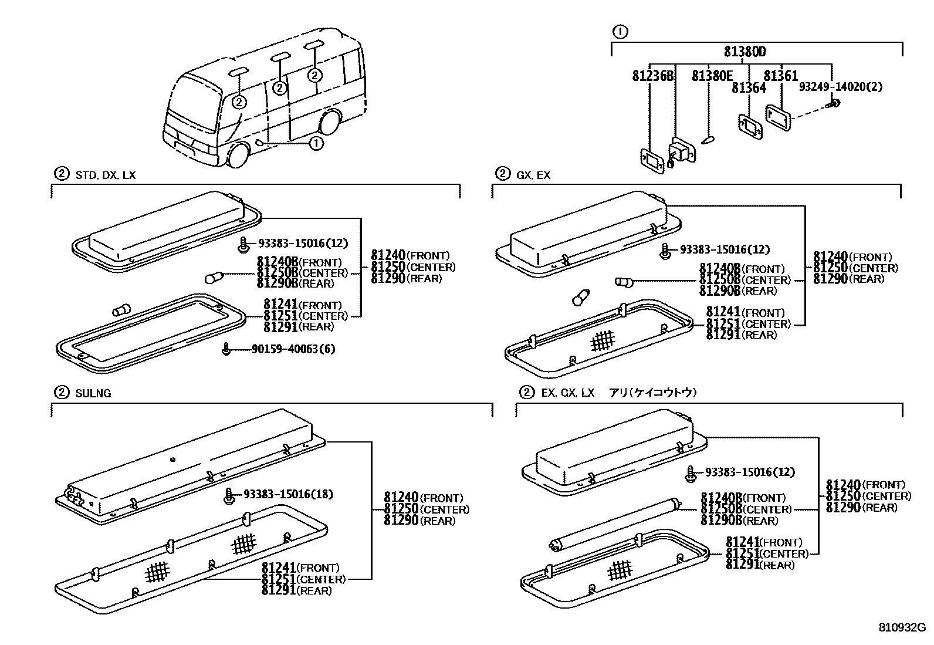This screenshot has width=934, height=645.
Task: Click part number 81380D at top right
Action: tap(745, 52)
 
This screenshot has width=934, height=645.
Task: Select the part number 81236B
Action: tap(653, 76)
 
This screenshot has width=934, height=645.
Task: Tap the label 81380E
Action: tap(712, 76)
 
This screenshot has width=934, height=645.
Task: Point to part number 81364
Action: tap(749, 87)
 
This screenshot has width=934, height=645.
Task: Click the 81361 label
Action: tap(781, 76)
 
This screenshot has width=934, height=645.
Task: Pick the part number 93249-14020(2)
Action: tap(841, 87)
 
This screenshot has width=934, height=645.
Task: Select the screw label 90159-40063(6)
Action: tap(293, 349)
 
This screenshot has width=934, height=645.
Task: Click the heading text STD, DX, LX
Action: tap(106, 175)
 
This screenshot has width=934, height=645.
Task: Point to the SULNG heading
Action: tap(93, 393)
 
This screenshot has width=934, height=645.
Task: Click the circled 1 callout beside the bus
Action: tap(316, 143)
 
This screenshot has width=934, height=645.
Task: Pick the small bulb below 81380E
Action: tap(707, 140)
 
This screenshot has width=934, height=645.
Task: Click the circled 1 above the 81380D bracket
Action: tap(620, 32)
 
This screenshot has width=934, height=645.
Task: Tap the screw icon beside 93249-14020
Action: tap(834, 104)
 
